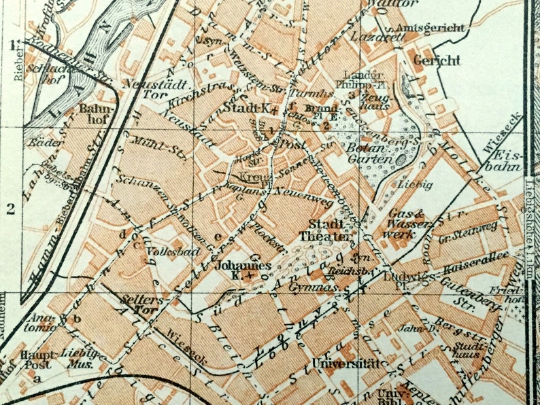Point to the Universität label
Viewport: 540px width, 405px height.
pyautogui.click(x=345, y=363)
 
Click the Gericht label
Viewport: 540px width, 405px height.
pyautogui.click(x=436, y=60)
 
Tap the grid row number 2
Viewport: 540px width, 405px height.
pyautogui.click(x=10, y=209)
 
